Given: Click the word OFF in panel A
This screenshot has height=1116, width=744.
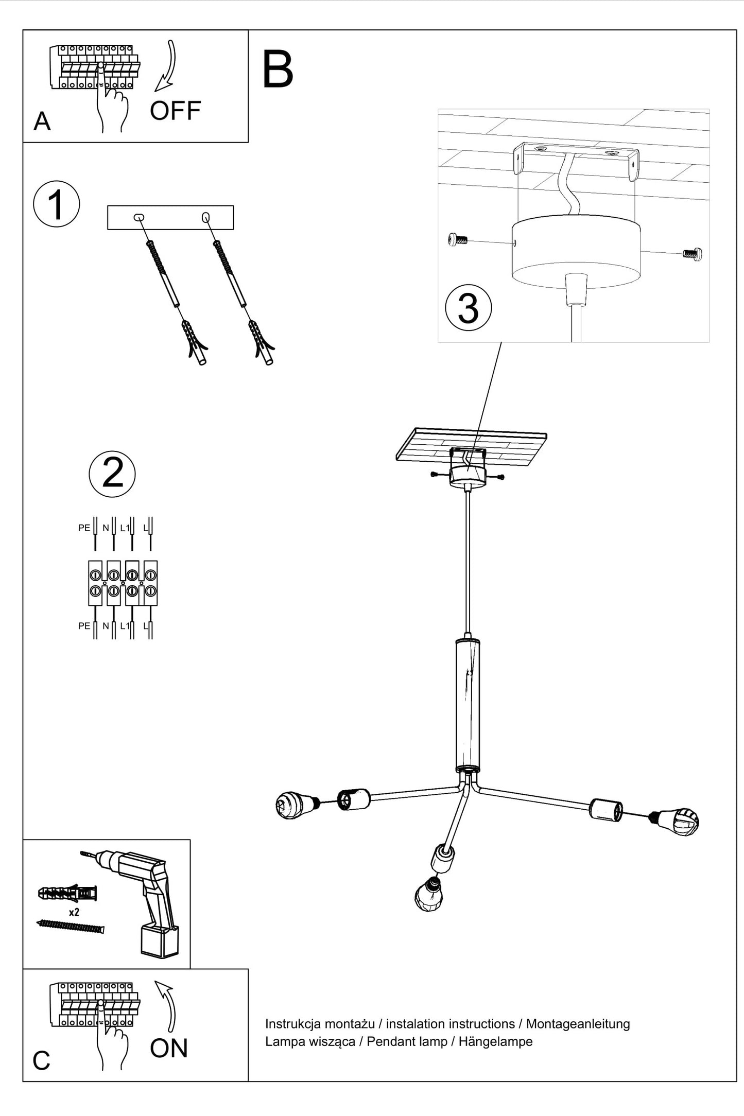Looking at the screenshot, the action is (175, 111).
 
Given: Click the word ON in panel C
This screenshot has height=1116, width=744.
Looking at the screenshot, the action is (169, 1049).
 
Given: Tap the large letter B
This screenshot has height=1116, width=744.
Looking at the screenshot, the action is (278, 69).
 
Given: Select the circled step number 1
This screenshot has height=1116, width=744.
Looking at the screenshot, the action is (57, 204).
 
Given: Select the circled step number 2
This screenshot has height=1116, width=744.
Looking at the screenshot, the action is (112, 473).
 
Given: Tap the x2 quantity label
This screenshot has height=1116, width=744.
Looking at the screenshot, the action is (74, 913).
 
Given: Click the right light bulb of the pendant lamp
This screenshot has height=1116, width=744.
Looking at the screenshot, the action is (675, 821).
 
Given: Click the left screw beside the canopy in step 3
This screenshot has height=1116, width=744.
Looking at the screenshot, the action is (457, 239).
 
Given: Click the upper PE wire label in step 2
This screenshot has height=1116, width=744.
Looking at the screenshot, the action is (84, 528).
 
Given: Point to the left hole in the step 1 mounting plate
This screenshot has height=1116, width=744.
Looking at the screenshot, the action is (139, 218).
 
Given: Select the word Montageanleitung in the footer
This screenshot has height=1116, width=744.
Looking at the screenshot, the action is (578, 1024).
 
